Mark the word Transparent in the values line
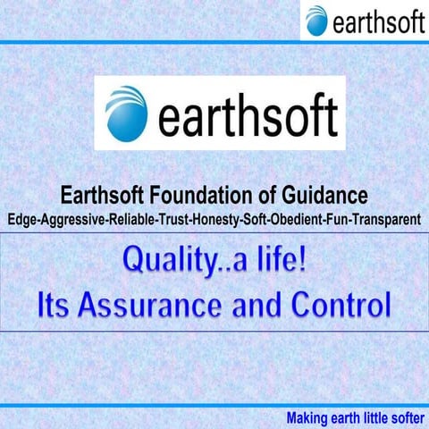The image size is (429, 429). (390, 217)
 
